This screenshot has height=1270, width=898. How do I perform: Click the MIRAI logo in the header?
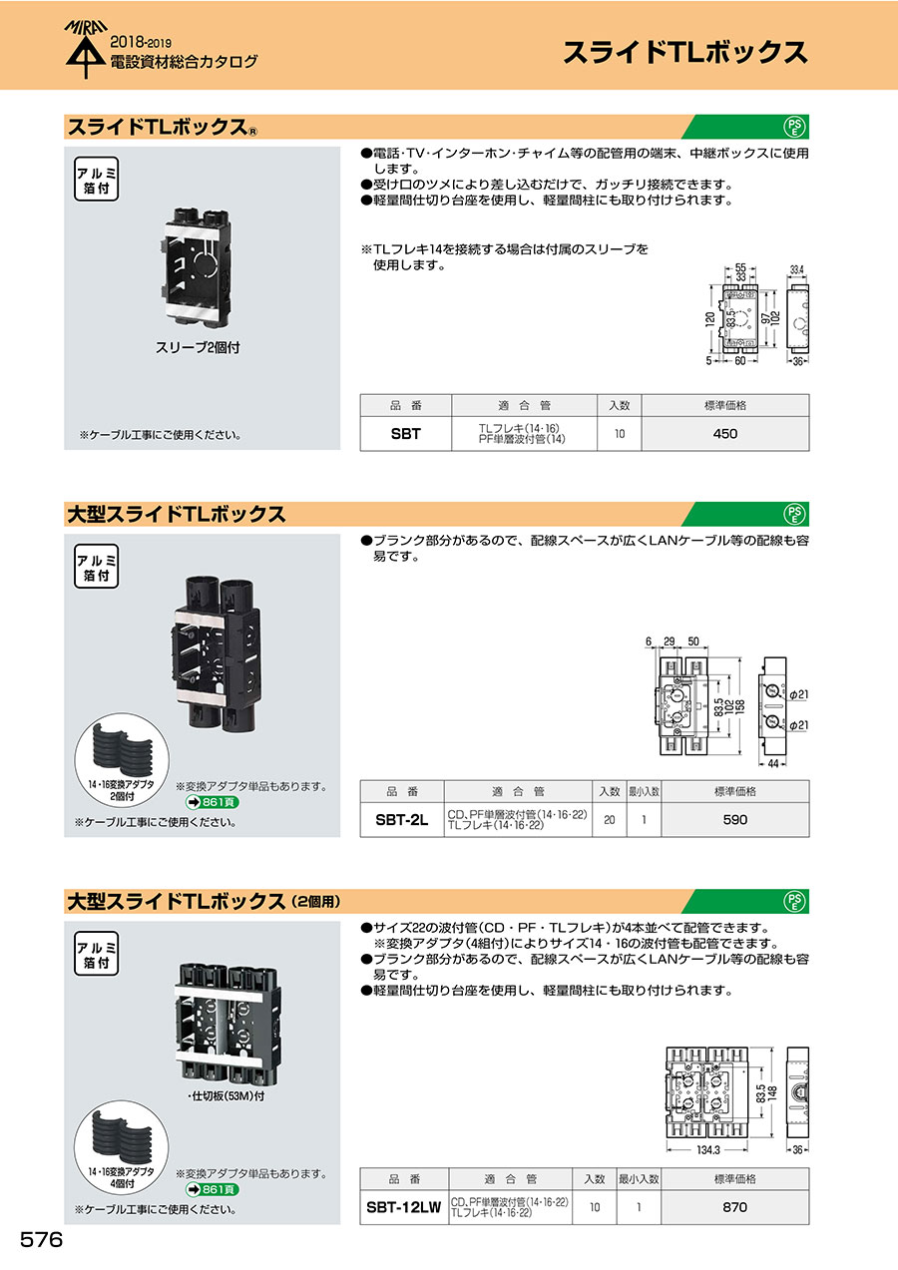pos(86,49)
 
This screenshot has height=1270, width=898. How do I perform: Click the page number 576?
pos(41,1240)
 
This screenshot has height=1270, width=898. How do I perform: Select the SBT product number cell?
pos(406,434)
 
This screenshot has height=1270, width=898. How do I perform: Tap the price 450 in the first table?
pos(725,434)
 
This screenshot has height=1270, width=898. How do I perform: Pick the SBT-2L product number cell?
pos(402,820)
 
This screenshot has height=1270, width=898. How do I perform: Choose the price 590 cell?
pos(734,820)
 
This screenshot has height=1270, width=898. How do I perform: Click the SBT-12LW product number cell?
pos(404,1207)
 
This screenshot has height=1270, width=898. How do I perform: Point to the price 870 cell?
pos(734,1207)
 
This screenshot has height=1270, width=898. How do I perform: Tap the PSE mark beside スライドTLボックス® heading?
pos(794,127)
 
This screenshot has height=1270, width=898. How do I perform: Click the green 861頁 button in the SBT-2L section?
pos(212,802)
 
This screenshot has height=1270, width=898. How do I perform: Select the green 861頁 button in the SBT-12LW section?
pos(212,1189)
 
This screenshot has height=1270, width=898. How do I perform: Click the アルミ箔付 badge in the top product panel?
pos(97,180)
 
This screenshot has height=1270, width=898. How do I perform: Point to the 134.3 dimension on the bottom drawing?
pos(708,1150)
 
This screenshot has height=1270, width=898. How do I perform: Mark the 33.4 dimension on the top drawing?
pos(797,270)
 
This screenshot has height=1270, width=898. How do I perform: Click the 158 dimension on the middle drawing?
pos(739,706)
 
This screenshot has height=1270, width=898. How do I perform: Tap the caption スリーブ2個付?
pos(198,347)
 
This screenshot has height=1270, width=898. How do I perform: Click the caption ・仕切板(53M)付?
pos(225,1096)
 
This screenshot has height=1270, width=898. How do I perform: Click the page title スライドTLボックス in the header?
pos(684,52)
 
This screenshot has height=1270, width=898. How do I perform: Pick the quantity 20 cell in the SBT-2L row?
pos(610,820)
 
